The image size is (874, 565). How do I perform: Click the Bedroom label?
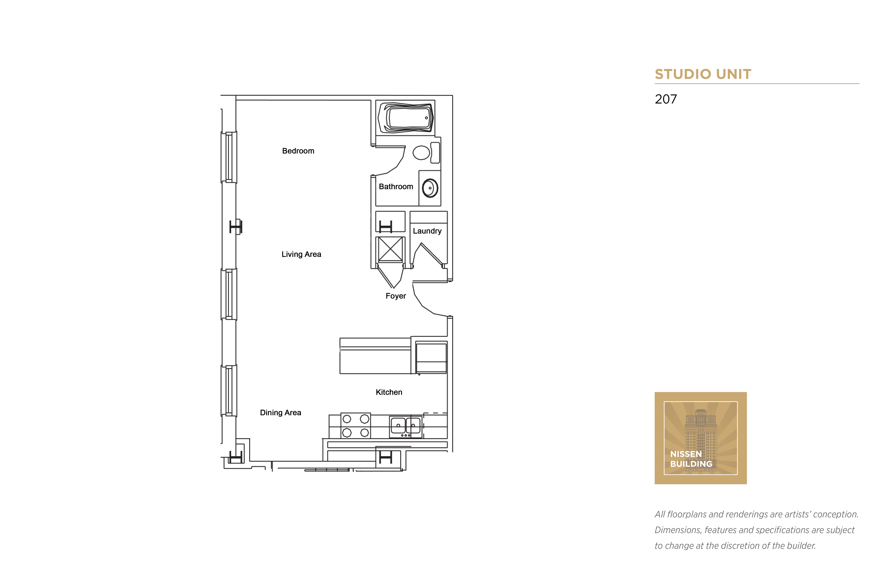pos(298,151)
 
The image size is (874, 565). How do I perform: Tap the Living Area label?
pos(301,254)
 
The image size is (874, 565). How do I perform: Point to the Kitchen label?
pos(389,392)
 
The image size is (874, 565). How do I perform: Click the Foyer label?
pos(396,296)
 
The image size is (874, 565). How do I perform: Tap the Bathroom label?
pos(396,186)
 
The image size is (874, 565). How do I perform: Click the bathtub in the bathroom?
pos(406,117)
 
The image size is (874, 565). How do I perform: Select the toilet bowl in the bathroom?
pos(421,153)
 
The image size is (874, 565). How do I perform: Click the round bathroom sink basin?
pos(430,188)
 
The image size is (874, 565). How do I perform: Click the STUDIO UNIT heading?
pos(703,74)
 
